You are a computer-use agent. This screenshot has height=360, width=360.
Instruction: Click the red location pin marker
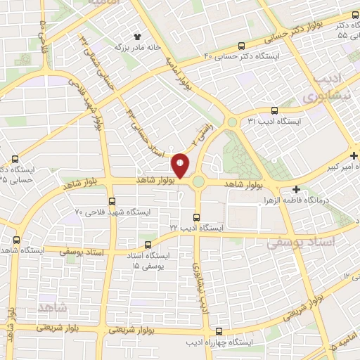(181, 166)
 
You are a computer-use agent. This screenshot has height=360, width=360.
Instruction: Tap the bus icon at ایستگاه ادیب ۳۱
(274, 110)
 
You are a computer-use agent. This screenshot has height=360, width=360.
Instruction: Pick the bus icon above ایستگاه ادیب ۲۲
(197, 217)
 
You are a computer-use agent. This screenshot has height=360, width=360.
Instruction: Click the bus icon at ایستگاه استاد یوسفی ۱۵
(147, 245)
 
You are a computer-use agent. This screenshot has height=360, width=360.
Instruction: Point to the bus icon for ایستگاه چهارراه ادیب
(219, 330)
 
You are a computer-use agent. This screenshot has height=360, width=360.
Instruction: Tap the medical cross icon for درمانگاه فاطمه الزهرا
(296, 189)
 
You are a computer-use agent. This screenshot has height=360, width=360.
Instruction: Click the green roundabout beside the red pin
(199, 181)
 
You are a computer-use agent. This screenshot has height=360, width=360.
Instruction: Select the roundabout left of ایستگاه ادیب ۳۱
(232, 122)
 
